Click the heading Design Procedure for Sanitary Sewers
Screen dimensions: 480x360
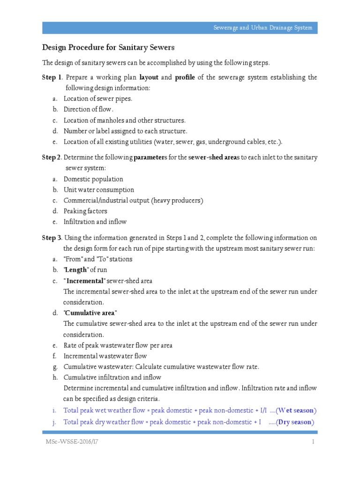pyautogui.click(x=108, y=47)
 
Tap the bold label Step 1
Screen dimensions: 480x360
pyautogui.click(x=52, y=77)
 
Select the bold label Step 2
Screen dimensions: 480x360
pyautogui.click(x=52, y=157)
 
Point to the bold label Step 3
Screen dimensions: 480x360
pyautogui.click(x=52, y=238)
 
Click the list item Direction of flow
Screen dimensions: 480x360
pyautogui.click(x=89, y=109)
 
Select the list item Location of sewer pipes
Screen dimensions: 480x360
pyautogui.click(x=98, y=98)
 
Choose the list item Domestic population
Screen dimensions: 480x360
pyautogui.click(x=93, y=179)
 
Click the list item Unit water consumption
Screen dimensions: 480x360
pyautogui.click(x=99, y=190)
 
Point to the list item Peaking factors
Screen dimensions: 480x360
pyautogui.click(x=85, y=211)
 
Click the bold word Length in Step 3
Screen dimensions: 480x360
pyautogui.click(x=76, y=270)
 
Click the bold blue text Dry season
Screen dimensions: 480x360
pyautogui.click(x=295, y=422)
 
